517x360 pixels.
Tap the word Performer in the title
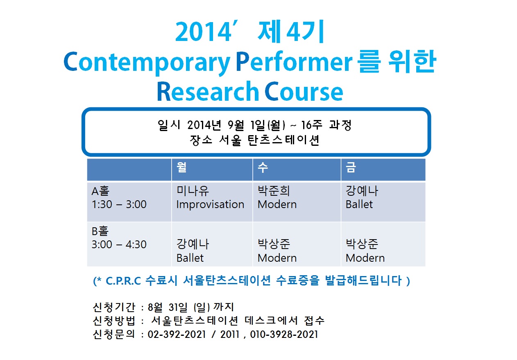click(x=294, y=61)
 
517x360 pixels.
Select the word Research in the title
click(x=208, y=91)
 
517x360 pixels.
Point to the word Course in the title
click(x=304, y=91)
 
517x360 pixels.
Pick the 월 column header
click(x=181, y=167)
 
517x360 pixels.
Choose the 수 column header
click(x=263, y=167)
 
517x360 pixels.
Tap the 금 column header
click(x=351, y=167)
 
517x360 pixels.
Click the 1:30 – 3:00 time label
click(x=119, y=204)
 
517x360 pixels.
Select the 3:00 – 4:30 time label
click(x=119, y=245)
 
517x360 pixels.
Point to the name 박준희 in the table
click(x=274, y=191)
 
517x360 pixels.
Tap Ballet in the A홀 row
click(x=359, y=204)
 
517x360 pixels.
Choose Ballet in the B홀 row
click(x=190, y=258)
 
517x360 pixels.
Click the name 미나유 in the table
click(x=193, y=191)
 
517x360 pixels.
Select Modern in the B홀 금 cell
click(x=365, y=258)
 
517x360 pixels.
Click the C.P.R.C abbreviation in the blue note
click(x=123, y=281)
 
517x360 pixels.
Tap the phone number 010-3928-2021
click(x=284, y=334)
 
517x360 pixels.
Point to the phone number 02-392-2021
click(x=177, y=334)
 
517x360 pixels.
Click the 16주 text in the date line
click(x=312, y=125)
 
